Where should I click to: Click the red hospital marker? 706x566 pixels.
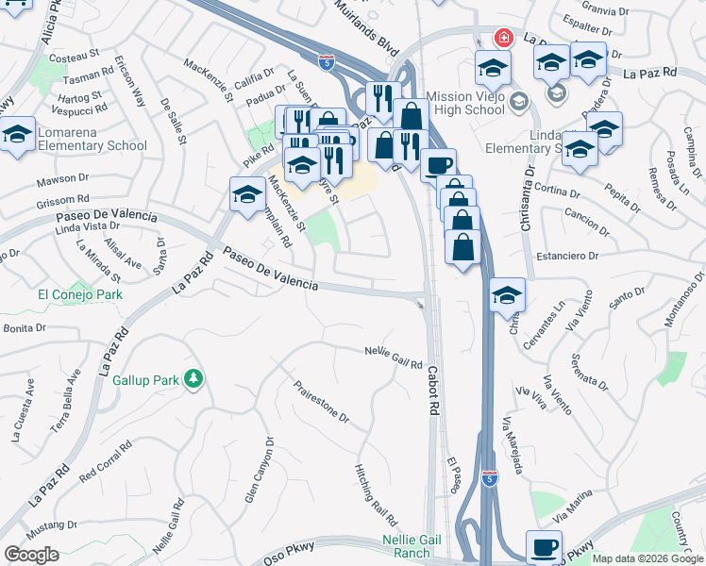[x=504, y=39]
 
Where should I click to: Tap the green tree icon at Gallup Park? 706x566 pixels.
[x=193, y=378]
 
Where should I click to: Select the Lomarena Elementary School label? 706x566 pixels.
[x=92, y=139]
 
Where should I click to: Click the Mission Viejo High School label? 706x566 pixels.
[x=465, y=103]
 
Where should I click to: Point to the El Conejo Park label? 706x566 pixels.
[x=80, y=294]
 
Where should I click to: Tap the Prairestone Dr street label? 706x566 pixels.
[x=321, y=401]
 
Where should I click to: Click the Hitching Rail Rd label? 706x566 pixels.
[x=377, y=494]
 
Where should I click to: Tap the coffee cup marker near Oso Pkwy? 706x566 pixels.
[x=544, y=546]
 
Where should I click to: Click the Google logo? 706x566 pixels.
[x=31, y=555]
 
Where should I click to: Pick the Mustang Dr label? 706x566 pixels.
[x=50, y=524]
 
